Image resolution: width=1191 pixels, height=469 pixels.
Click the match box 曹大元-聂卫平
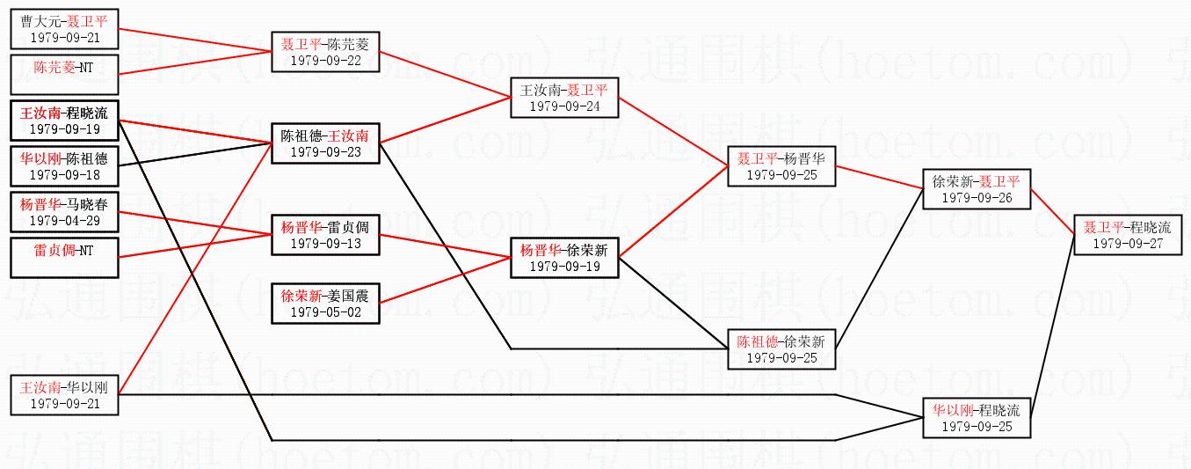coord(64,29)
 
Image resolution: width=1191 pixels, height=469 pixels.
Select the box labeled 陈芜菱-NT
coord(64,74)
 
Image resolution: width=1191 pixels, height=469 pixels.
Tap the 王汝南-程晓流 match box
coord(64,121)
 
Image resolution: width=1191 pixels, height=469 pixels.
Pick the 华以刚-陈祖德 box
coord(64,165)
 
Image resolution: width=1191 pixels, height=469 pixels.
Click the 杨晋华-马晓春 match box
coord(64,212)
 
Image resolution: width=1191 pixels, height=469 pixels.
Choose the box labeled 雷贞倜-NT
coord(64,258)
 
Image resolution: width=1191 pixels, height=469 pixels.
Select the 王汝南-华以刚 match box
coord(64,394)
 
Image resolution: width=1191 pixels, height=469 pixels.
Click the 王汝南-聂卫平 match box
coord(564,97)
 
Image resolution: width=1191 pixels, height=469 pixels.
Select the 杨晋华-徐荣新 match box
coord(564,257)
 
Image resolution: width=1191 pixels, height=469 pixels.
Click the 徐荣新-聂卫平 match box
coord(977,188)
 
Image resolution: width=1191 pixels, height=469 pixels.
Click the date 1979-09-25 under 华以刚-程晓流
coord(977,426)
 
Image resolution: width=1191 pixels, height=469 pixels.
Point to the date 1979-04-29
coord(64,220)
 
